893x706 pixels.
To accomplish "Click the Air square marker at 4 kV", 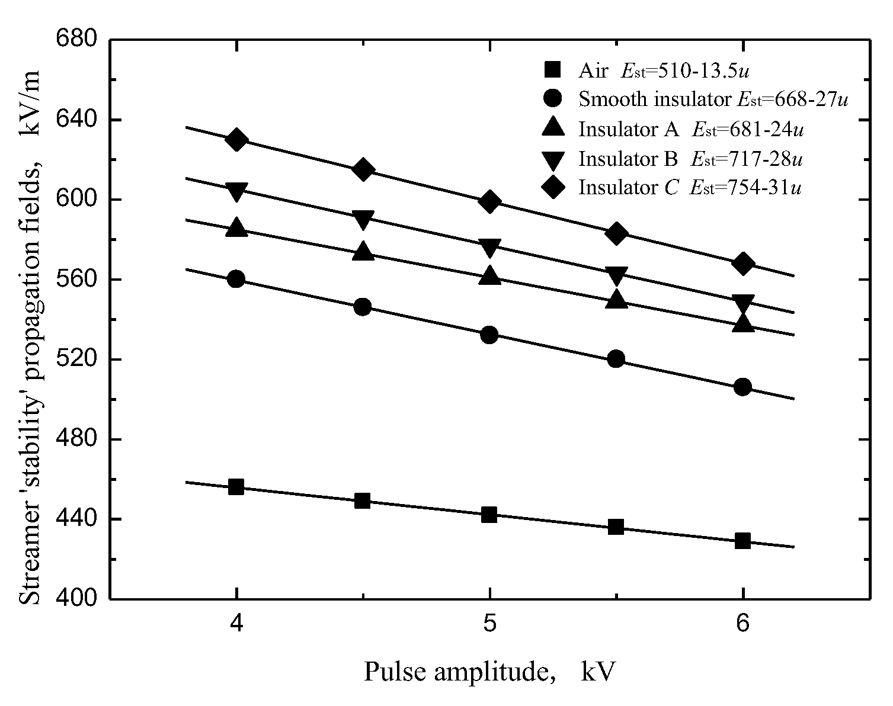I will [x=236, y=487].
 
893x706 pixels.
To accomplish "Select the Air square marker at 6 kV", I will [x=742, y=541].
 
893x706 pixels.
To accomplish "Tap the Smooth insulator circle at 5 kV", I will [x=489, y=335].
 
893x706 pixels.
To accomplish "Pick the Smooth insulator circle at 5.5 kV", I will [x=616, y=359].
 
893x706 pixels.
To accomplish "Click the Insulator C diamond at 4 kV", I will [x=236, y=140].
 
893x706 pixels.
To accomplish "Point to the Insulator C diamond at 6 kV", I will [x=742, y=264].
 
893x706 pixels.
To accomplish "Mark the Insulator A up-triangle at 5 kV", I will [x=489, y=275].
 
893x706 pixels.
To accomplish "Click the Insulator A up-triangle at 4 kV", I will [x=236, y=227].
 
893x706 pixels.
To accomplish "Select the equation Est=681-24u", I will [x=748, y=129].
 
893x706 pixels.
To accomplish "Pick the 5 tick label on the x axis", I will [x=489, y=625].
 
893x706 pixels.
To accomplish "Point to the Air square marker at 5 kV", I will [x=489, y=514].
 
